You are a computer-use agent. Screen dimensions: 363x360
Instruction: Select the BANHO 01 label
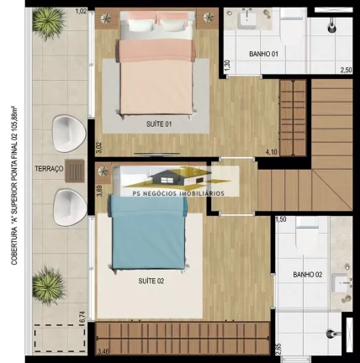[x=263, y=55]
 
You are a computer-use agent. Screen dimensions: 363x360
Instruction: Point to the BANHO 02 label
[x=307, y=275]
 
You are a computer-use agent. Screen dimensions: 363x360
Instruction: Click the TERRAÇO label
[x=49, y=169]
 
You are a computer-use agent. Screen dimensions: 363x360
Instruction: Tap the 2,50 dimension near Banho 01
[x=345, y=71]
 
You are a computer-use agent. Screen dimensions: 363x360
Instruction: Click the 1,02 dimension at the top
[x=82, y=11]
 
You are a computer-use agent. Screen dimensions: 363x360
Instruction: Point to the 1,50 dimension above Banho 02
[x=282, y=219]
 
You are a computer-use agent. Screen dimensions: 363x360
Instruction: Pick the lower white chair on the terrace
[x=66, y=204]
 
